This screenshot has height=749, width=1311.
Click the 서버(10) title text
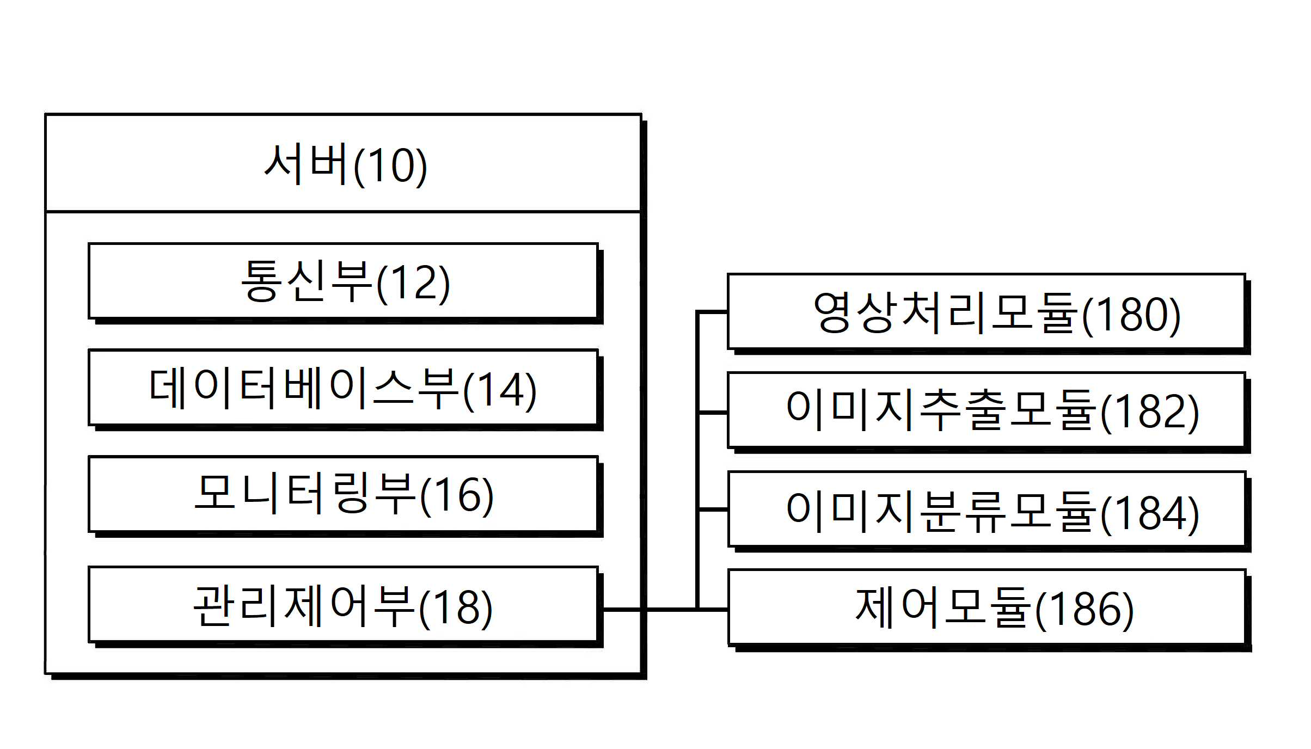[345, 164]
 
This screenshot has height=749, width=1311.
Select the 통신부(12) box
[343, 281]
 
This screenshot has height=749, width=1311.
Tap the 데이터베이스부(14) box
[343, 388]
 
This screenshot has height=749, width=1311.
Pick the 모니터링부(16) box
[343, 494]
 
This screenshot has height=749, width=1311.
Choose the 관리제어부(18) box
[343, 605]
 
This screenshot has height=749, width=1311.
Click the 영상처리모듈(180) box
[987, 311]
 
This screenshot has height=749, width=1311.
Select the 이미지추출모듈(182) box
[987, 410]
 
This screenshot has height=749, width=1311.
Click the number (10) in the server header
[390, 166]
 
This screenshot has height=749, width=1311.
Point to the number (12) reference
[413, 283]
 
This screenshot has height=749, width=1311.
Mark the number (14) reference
[500, 390]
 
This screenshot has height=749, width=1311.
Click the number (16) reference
[457, 495]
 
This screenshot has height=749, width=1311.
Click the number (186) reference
[1085, 610]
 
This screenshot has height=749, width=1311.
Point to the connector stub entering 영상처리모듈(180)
[712, 312]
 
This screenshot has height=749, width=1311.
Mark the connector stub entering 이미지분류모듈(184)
[712, 509]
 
